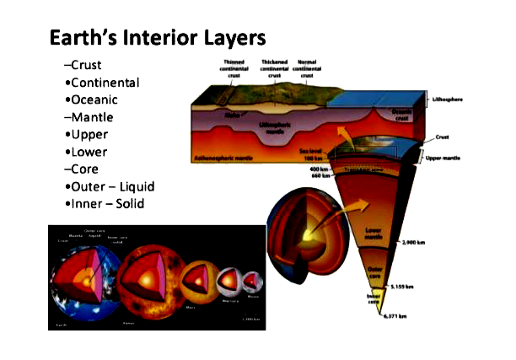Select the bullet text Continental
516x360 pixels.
[105, 83]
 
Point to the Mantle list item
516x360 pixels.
[91, 117]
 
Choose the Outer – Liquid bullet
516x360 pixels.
[113, 186]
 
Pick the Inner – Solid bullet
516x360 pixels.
[109, 204]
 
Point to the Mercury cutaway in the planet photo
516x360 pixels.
[231, 284]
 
